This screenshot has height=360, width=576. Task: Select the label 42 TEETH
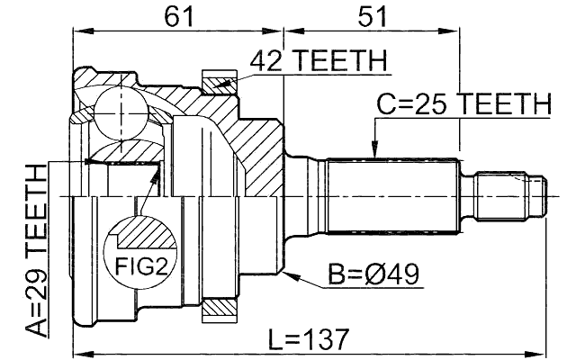pyautogui.click(x=319, y=61)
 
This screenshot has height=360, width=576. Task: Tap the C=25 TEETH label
pyautogui.click(x=463, y=105)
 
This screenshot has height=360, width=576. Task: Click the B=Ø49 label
pyautogui.click(x=373, y=271)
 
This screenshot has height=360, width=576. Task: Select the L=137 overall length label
pyautogui.click(x=309, y=340)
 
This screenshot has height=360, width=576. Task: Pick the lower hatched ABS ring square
pyautogui.click(x=218, y=309)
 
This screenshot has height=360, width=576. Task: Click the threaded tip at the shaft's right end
pyautogui.click(x=513, y=193)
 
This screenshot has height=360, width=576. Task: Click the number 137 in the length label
pyautogui.click(x=327, y=340)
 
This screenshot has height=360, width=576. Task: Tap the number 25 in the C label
pyautogui.click(x=436, y=105)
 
